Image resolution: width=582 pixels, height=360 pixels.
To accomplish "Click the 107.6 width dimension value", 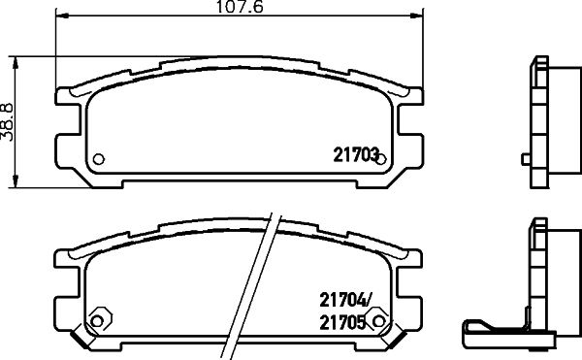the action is click(240, 7).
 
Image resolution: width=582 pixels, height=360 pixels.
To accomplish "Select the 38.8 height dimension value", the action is click(7, 122).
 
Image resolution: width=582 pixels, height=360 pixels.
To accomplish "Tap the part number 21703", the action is click(356, 154).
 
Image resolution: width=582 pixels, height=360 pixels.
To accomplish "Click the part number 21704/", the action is click(345, 300).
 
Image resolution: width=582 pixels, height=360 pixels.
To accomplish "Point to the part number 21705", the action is click(342, 323).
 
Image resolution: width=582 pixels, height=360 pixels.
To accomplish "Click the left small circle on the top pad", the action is click(98, 159).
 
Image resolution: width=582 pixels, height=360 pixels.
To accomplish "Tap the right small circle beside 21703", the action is click(381, 159).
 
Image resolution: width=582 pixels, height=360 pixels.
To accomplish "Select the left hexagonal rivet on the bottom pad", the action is click(98, 320).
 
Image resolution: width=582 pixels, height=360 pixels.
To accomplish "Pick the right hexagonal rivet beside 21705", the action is click(378, 320).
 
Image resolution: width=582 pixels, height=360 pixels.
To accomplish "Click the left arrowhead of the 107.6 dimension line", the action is click(62, 16).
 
